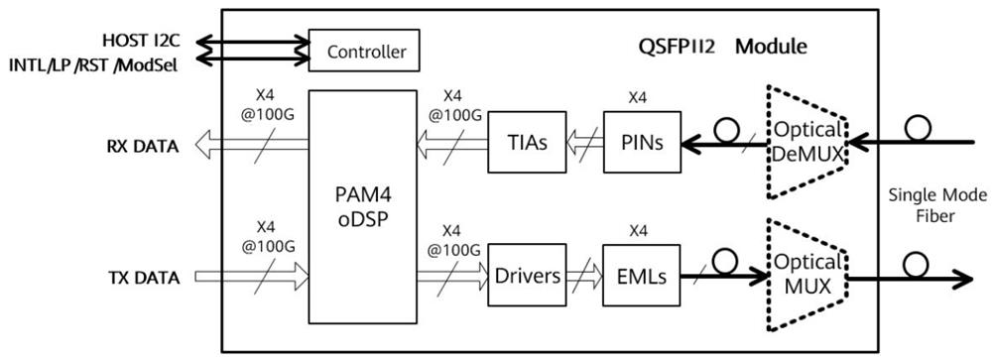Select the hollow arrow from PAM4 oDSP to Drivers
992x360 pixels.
450,280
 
